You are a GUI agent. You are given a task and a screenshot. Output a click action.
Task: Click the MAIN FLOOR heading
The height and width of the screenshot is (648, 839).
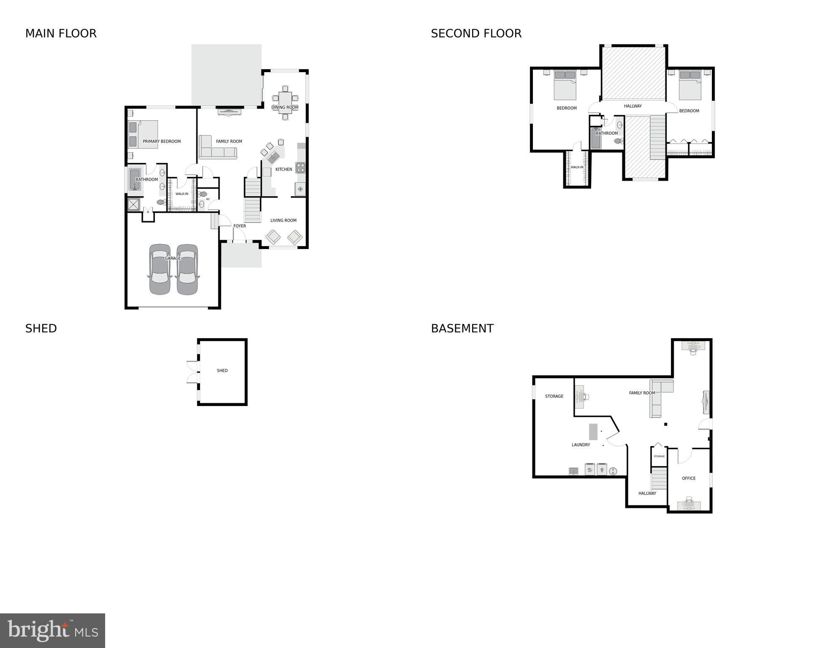point(61,33)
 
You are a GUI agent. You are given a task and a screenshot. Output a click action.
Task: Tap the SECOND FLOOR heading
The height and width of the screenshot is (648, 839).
point(476,33)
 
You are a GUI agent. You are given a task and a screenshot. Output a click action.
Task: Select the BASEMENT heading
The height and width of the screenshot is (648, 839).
point(462,328)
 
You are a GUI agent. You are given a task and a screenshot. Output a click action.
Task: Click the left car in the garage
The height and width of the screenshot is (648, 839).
point(160,269)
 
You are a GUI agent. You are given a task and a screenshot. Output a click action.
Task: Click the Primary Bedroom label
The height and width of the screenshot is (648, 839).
point(162,141)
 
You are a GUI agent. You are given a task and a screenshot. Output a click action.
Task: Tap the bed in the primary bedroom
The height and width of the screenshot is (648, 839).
point(144,134)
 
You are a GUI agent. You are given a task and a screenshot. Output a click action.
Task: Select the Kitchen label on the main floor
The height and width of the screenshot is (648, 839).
point(284,169)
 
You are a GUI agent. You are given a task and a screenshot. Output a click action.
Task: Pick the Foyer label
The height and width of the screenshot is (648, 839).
point(239,226)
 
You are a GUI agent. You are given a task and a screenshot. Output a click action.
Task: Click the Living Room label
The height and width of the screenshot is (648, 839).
point(283,220)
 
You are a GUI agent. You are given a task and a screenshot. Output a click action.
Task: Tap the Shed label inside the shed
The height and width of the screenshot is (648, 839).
point(222,371)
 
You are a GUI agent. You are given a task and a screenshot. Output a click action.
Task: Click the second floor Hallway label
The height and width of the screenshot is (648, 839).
point(633,106)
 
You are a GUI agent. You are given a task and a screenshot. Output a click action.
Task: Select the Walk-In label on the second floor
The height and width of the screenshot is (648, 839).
point(577,167)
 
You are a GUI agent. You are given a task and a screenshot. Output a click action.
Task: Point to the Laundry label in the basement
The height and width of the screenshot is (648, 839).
point(581,445)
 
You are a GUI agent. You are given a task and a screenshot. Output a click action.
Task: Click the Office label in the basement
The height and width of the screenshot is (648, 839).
point(688,478)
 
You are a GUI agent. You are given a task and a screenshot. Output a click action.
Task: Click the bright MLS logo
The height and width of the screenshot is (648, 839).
point(52,630)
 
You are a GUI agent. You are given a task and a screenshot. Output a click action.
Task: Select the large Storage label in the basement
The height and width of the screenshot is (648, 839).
point(554,396)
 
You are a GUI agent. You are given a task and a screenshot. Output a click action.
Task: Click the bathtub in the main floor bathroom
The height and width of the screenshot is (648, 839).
point(135,180)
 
